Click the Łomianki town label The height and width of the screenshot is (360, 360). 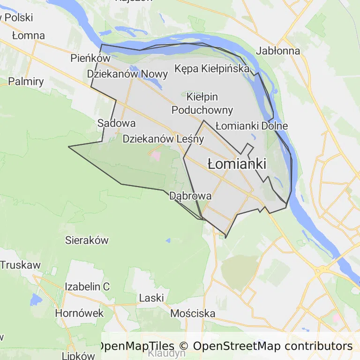point(237,164)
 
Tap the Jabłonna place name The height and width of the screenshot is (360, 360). point(278,51)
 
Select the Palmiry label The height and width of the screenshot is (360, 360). point(26,81)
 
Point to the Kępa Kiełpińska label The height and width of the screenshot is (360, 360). point(212,68)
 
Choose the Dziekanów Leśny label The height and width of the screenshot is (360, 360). point(163,139)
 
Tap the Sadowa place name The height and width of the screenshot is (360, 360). point(117,123)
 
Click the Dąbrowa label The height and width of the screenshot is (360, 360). point(190,195)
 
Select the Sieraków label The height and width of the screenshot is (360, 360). point(87,240)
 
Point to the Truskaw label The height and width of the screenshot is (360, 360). point(20,264)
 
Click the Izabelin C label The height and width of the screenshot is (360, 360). point(87,286)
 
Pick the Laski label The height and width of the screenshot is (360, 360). point(151,298)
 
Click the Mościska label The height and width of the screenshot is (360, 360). point(193,313)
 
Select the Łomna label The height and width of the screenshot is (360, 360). point(29,36)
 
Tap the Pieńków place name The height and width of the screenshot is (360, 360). point(90,58)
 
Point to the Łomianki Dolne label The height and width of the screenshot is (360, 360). point(252,126)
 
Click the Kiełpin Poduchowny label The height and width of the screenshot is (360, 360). point(202,104)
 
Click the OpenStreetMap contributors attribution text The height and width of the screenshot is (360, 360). point(272,346)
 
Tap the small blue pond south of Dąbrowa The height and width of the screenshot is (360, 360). point(168,241)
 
